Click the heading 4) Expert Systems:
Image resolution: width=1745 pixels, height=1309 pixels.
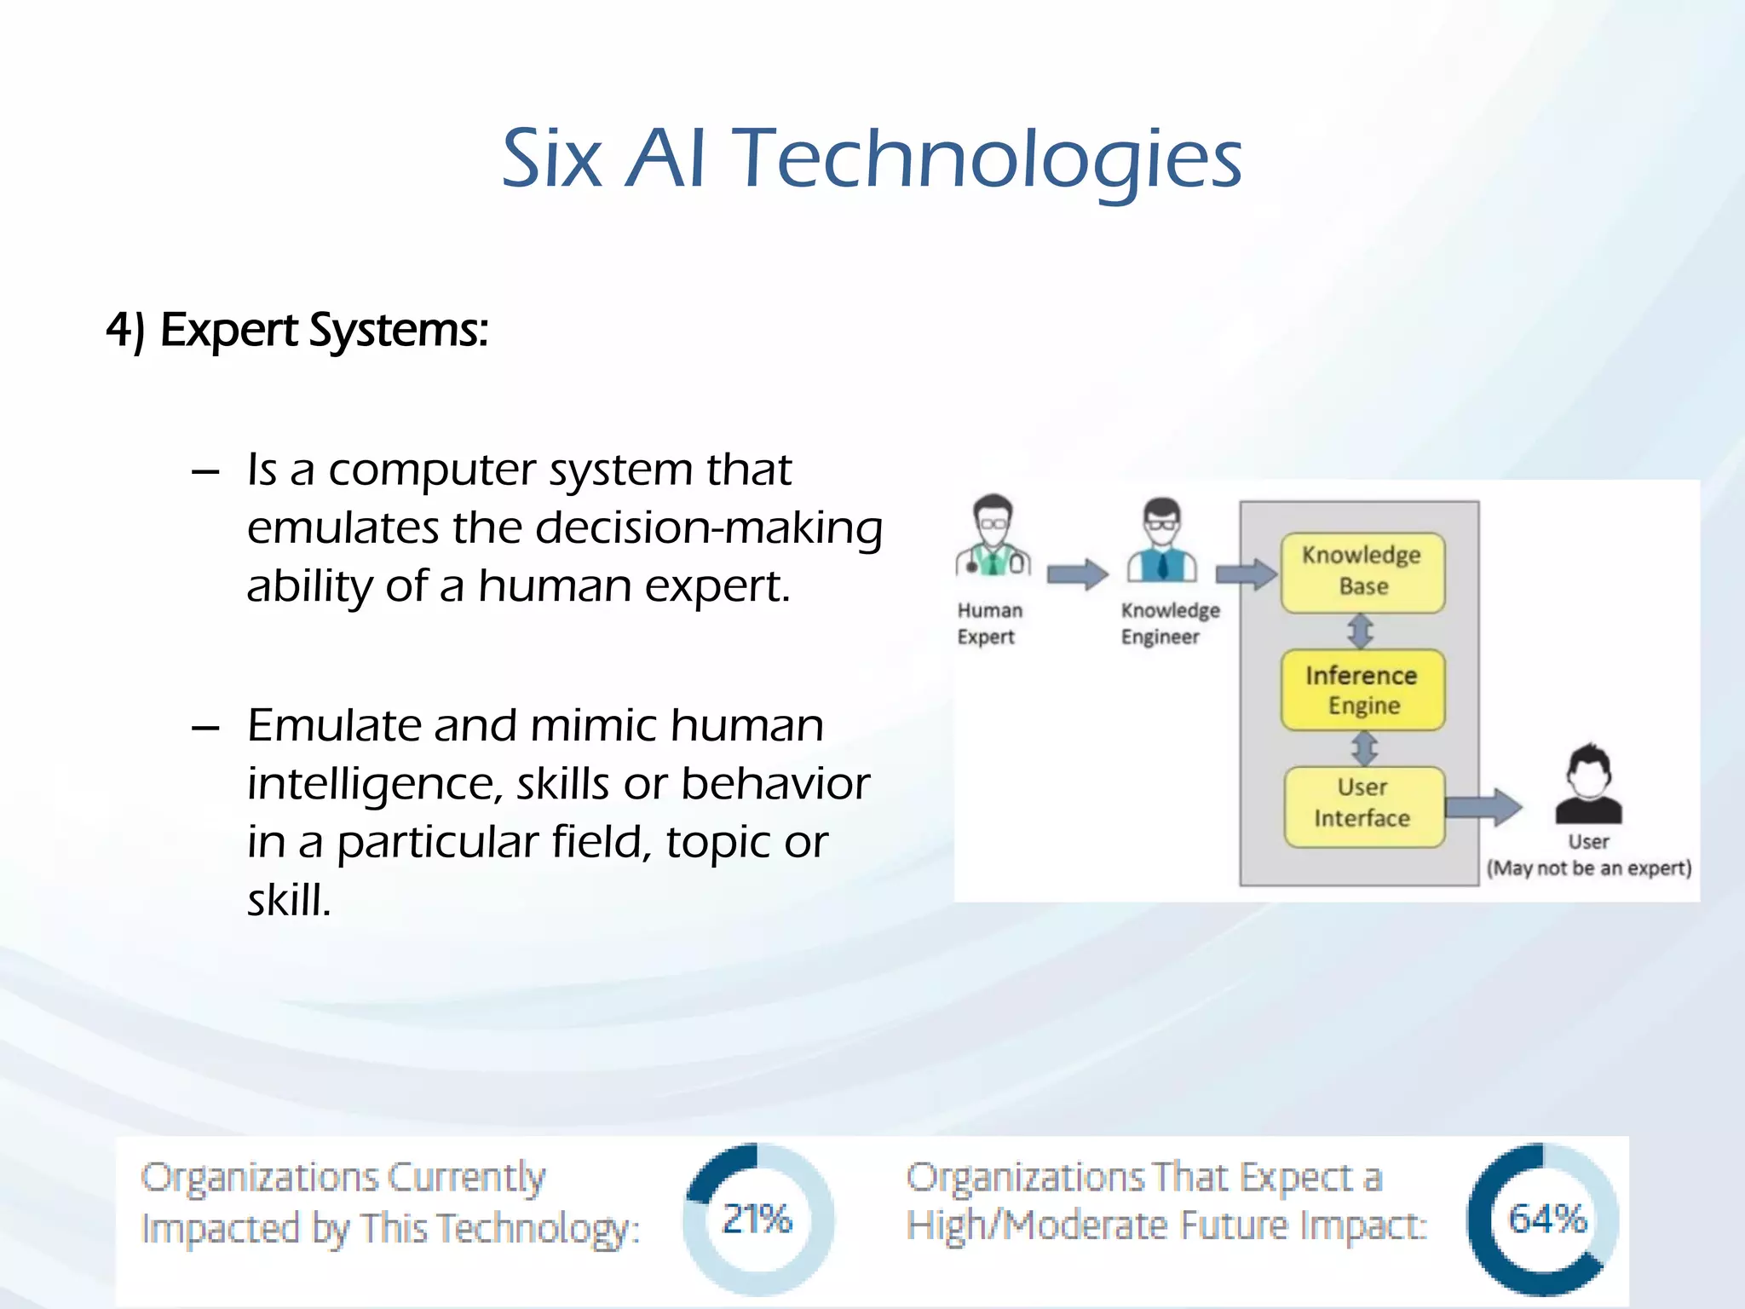point(297,331)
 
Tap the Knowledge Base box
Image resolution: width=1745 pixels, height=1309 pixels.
point(1362,572)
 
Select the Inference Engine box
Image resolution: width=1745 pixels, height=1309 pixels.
point(1362,689)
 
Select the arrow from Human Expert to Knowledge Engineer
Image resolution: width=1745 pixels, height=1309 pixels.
point(1077,574)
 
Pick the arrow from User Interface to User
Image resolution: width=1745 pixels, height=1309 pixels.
point(1483,806)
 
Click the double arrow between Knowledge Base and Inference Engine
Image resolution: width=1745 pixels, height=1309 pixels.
point(1361,631)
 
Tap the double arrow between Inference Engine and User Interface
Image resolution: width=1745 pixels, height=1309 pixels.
point(1364,748)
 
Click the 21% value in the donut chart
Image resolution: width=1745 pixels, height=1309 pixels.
point(757,1219)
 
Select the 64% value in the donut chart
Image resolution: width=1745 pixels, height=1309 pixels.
point(1546,1219)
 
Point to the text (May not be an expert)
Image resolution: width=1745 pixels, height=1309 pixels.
point(1588,868)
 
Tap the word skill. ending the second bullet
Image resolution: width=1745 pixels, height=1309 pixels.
point(289,901)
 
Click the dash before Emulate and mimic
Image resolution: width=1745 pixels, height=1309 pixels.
point(206,729)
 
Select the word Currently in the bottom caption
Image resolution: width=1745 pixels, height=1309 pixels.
point(466,1179)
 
